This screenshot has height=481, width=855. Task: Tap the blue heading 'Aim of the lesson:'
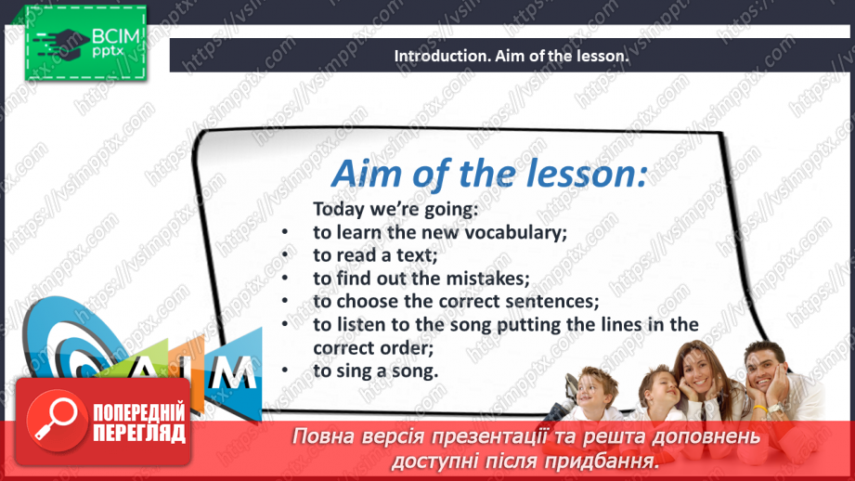(489, 174)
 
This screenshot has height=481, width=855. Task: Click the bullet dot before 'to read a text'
(285, 254)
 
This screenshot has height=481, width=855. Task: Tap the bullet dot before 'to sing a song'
(285, 370)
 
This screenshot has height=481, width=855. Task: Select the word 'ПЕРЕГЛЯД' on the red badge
(139, 434)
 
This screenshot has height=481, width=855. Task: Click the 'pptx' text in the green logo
(108, 52)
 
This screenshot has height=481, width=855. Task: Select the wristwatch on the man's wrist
(776, 408)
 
